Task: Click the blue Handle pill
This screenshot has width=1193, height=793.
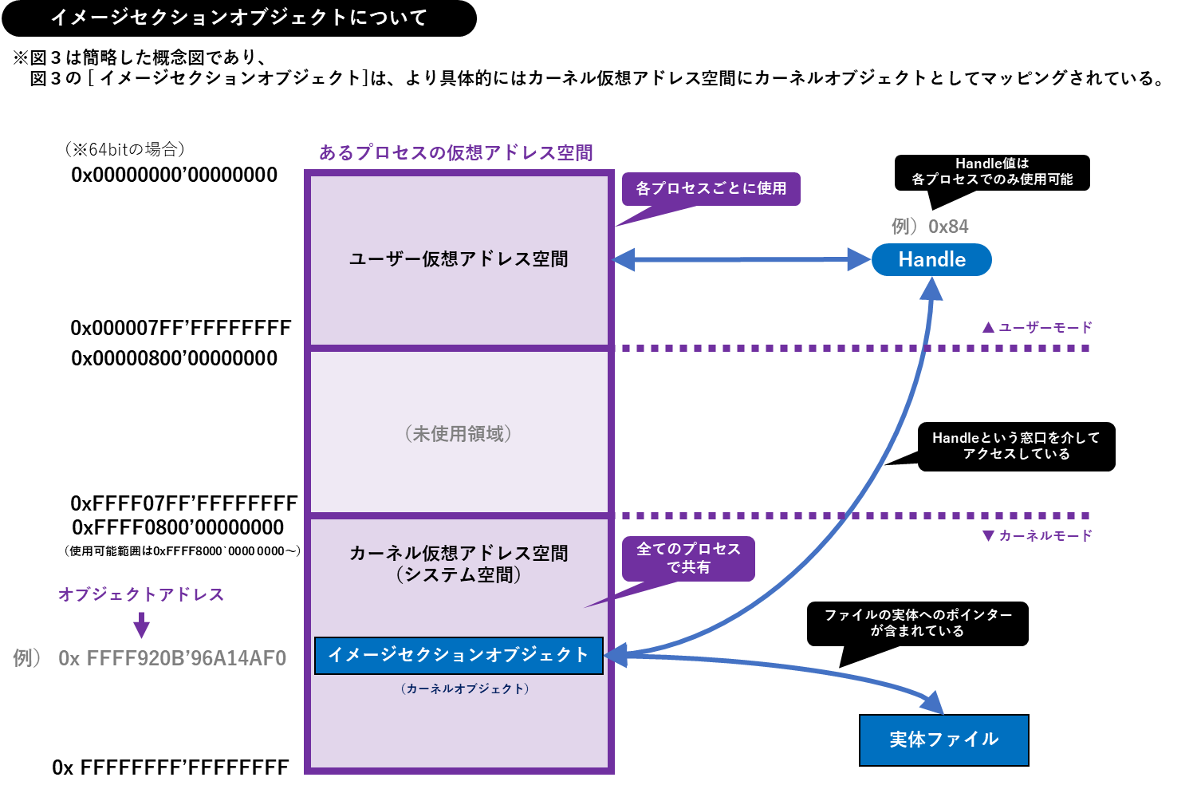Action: tap(931, 260)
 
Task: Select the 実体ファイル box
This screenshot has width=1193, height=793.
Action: tap(943, 740)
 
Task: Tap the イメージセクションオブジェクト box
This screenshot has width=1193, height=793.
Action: tap(459, 655)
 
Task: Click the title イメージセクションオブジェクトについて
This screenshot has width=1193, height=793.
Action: tap(239, 18)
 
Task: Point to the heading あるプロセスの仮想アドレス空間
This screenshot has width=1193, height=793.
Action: tap(456, 152)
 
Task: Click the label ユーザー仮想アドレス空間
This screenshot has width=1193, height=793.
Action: tap(459, 259)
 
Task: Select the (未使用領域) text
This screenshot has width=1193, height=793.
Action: tap(459, 434)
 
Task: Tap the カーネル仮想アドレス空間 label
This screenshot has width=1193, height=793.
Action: tap(459, 554)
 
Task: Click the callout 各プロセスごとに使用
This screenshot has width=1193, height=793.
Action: tap(711, 189)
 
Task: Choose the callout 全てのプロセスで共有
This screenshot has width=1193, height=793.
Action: tap(688, 558)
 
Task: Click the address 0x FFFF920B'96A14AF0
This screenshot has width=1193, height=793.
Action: tap(171, 658)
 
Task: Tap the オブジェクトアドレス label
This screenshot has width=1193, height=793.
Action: tap(141, 594)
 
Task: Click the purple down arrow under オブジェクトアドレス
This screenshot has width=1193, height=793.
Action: tap(142, 625)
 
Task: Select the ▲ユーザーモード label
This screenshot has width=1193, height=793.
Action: tap(1037, 327)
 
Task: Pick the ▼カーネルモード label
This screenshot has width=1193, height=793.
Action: tap(1037, 536)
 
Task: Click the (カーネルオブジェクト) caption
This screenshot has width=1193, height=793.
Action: tap(465, 688)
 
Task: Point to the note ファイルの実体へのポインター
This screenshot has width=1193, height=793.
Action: tap(918, 615)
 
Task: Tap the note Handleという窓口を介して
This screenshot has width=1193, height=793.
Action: tap(1016, 438)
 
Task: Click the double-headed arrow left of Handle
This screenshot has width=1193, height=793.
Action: tap(742, 259)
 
